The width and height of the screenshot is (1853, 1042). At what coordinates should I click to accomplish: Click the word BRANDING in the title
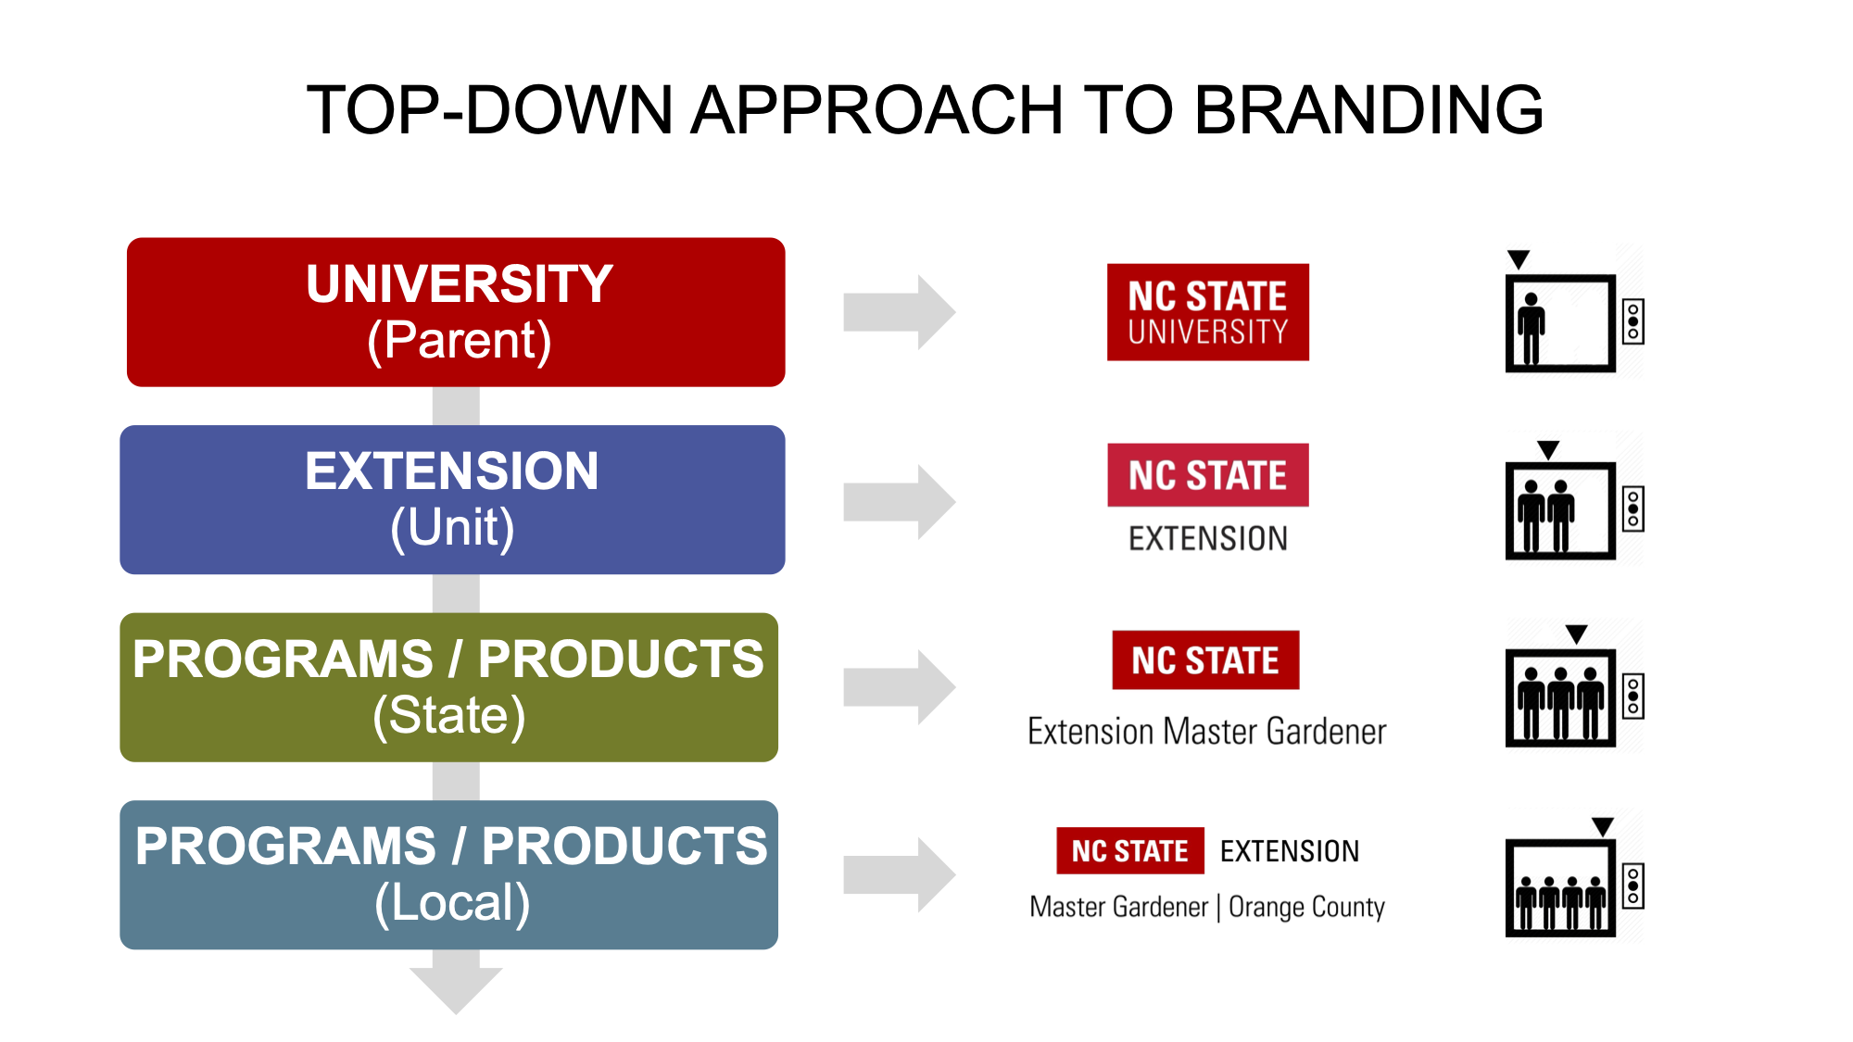coord(1368,110)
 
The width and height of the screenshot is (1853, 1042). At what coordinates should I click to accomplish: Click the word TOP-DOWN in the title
coord(489,110)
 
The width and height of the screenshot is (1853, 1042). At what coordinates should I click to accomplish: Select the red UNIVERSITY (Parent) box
coord(456,312)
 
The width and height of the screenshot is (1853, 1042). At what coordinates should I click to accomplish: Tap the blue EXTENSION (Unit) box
coord(452,499)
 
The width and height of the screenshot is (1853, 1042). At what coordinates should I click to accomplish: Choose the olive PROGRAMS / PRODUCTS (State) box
coord(449,687)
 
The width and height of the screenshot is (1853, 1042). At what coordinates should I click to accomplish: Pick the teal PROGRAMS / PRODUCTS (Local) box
coord(449,875)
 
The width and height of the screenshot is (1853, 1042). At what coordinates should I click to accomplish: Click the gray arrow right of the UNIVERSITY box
coord(899,312)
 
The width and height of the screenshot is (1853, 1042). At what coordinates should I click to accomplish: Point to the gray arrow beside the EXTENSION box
coord(899,502)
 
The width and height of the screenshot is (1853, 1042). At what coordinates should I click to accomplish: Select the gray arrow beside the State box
coord(899,687)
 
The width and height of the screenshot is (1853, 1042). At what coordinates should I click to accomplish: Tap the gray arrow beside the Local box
coord(899,875)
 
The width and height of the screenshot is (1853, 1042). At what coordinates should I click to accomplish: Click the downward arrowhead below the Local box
coord(456,989)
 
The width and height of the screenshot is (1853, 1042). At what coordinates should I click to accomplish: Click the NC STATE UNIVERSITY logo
coord(1208,312)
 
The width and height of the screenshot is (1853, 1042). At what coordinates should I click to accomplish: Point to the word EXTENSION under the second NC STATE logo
coord(1208,538)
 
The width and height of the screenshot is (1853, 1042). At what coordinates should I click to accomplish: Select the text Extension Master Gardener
coord(1207,732)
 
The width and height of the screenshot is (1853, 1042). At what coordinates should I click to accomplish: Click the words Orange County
coord(1306,907)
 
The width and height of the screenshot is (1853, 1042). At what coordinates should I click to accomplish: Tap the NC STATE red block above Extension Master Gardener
coord(1205,660)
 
